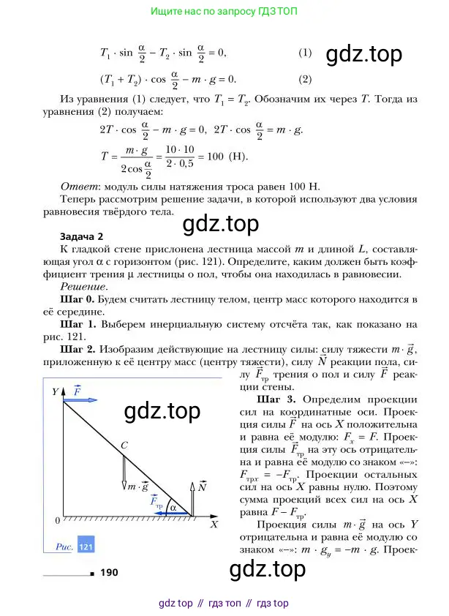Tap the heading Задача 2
81,236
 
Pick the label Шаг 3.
276,400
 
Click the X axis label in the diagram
214,525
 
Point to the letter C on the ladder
124,444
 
